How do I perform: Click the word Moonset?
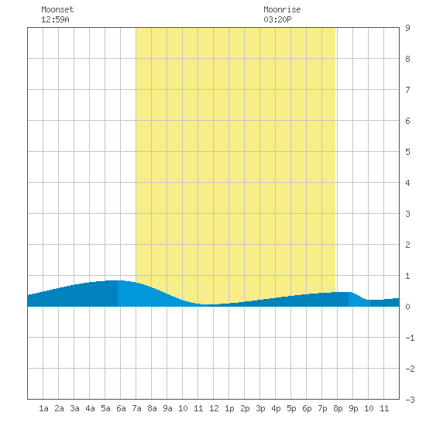57,9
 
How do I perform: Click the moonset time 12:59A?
55,19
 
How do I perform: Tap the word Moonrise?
282,9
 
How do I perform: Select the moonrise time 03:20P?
277,19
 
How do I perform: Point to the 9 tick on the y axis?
407,28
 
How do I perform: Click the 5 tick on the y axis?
407,152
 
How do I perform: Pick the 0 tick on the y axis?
407,307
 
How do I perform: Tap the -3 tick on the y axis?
410,400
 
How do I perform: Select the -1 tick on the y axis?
410,338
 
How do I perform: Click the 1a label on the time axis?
43,408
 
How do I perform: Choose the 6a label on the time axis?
121,408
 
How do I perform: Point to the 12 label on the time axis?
214,408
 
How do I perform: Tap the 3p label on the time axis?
260,408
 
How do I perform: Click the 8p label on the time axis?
338,408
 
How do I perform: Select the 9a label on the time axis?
167,408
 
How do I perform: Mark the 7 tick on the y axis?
407,90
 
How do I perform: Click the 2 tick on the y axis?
407,245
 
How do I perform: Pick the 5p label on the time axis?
291,408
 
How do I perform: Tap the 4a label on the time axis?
90,408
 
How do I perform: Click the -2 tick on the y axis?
410,369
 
